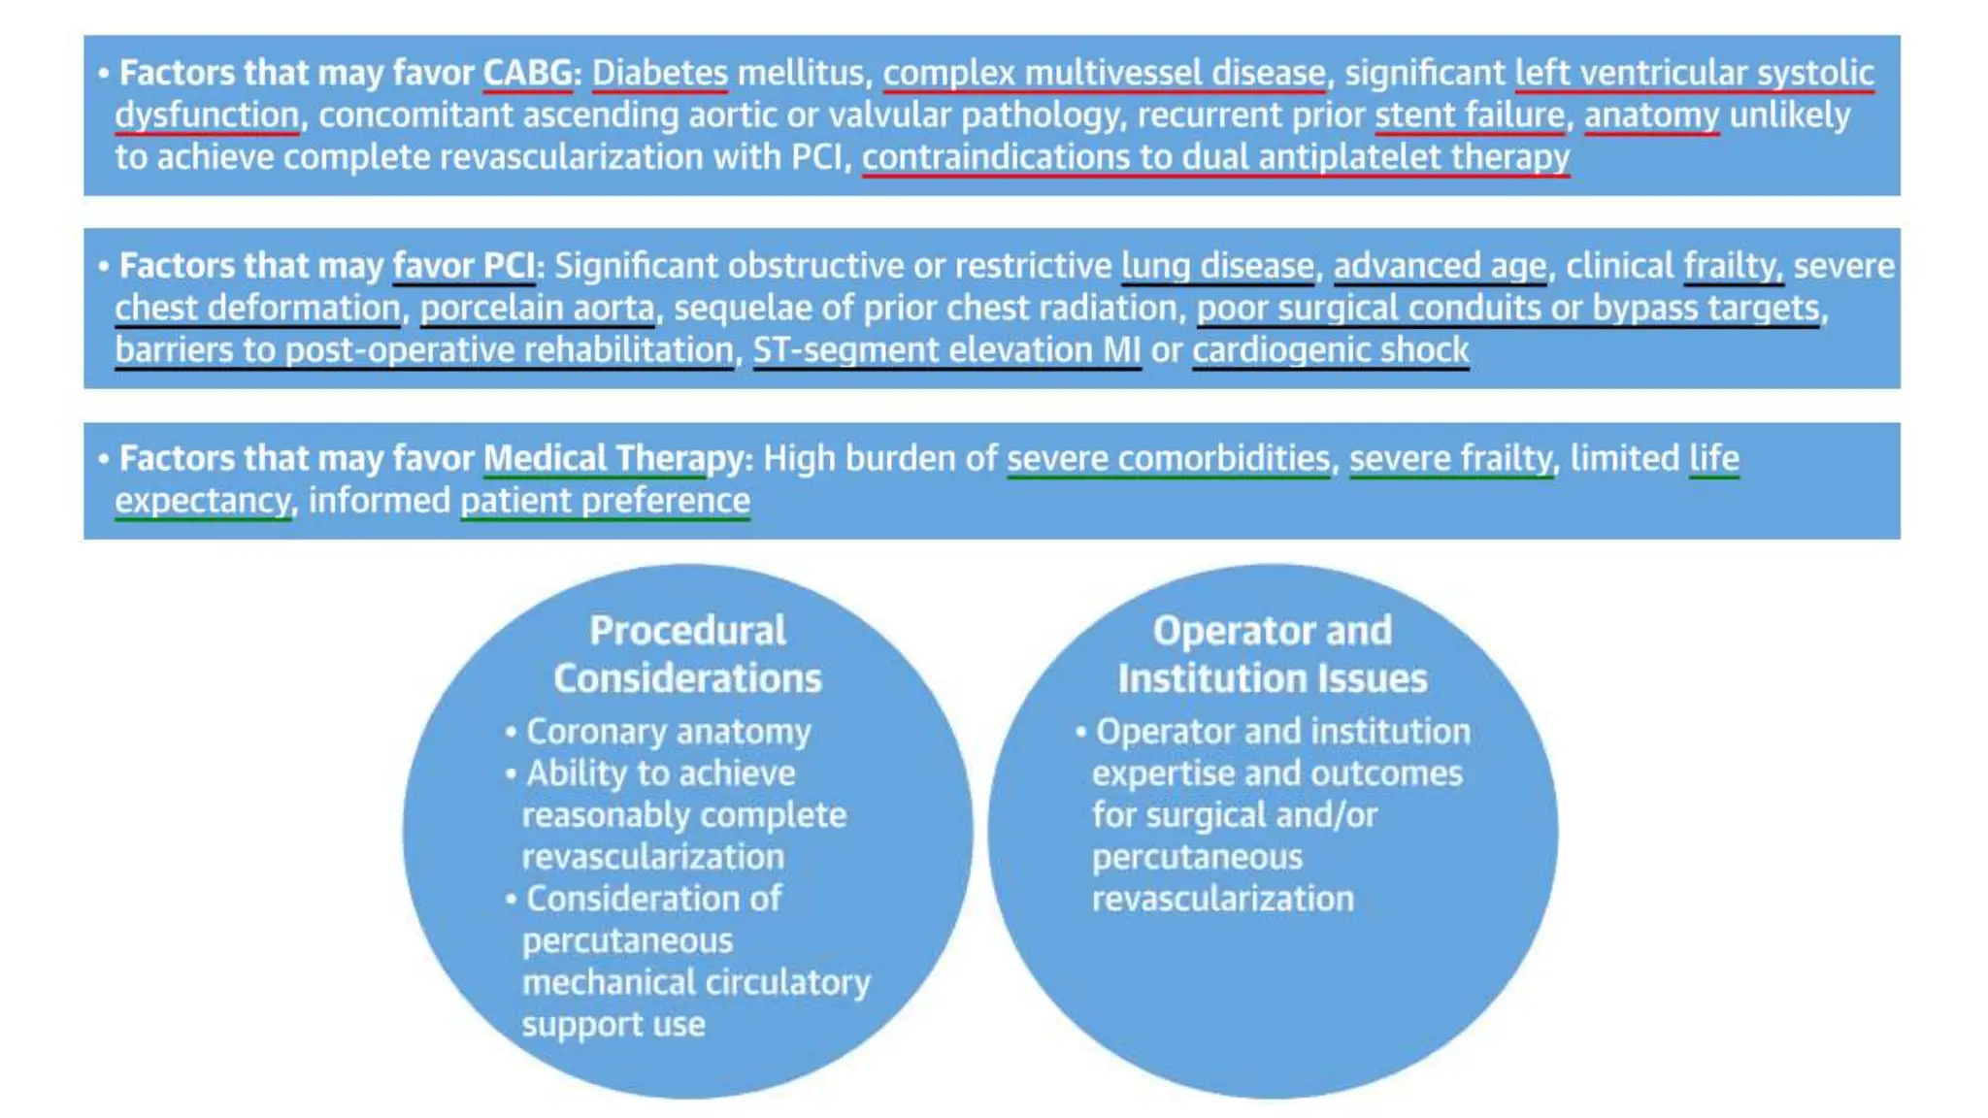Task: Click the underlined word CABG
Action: (527, 73)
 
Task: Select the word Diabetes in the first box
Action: (660, 73)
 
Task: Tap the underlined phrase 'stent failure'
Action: (1470, 115)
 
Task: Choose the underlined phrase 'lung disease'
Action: (1217, 266)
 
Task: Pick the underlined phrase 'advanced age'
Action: (1440, 266)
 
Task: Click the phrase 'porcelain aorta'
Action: (538, 309)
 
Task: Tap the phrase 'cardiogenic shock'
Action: (1330, 350)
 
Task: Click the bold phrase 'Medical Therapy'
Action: (613, 459)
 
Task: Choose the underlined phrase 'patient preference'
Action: (605, 501)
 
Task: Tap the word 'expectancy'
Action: (202, 501)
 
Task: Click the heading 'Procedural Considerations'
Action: (687, 654)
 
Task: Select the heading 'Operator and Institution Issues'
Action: (1272, 654)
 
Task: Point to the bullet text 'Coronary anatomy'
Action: (668, 732)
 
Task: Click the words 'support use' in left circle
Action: (613, 1025)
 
